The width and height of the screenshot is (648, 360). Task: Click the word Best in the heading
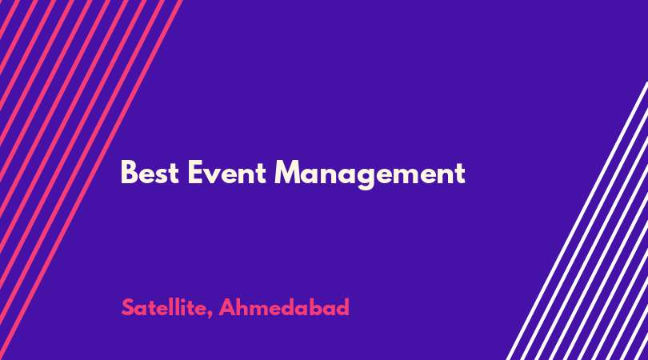click(150, 172)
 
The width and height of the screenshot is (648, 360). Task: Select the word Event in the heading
click(227, 172)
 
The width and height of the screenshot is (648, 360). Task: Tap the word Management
click(370, 174)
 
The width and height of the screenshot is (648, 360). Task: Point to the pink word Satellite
click(165, 307)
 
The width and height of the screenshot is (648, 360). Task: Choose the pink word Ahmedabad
click(284, 307)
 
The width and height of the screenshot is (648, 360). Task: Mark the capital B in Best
click(129, 172)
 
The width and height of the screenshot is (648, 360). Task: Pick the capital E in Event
click(195, 172)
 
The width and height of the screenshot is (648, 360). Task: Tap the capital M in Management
click(287, 172)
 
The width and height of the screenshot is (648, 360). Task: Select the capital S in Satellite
click(128, 307)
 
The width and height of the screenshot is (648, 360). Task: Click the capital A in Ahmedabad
click(227, 307)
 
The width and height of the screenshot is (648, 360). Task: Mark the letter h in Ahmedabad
click(243, 307)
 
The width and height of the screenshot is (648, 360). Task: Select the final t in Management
click(460, 174)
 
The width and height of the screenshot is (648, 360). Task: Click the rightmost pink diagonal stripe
click(91, 180)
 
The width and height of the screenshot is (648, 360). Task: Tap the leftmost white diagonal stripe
click(578, 221)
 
